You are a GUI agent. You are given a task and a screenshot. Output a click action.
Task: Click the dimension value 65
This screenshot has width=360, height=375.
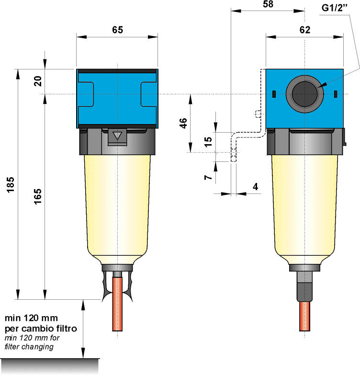coord(117,30)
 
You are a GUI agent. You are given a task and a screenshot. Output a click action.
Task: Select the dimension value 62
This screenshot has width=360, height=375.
coord(304,30)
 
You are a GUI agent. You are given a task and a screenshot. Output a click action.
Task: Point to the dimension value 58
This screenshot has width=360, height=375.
coord(269,4)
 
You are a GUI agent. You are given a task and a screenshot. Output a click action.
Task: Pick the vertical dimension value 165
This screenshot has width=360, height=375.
coord(38,197)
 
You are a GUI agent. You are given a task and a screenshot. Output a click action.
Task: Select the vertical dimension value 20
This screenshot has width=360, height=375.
coord(38,80)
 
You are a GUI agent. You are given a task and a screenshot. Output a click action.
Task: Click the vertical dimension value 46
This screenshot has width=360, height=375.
coord(182,123)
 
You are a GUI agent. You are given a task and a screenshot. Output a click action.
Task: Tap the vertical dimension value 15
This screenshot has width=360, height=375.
coord(208,142)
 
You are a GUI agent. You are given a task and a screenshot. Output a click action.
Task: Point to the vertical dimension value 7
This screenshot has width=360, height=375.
coord(208,177)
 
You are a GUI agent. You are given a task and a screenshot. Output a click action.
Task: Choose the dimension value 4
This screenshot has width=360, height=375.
coord(256,187)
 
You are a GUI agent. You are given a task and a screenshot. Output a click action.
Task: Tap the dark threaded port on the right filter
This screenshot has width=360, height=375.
coord(304,93)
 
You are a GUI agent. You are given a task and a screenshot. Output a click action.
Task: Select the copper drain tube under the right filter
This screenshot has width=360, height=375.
coord(304,316)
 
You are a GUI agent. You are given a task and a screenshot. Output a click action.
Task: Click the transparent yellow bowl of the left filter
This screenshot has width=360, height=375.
coord(118,206)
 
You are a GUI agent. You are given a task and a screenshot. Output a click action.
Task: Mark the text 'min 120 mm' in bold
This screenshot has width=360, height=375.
coord(31,318)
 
